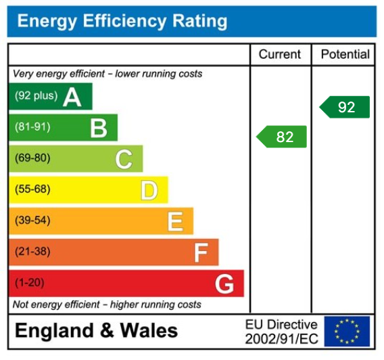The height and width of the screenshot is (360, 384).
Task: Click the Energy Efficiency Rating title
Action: tap(122, 21)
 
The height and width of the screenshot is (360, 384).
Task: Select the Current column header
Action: tap(280, 54)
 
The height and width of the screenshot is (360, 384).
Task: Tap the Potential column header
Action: tap(345, 54)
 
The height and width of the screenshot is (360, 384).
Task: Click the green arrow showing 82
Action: tap(282, 137)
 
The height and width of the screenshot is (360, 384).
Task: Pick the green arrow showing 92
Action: tap(345, 107)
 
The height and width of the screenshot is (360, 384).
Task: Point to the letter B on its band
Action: tap(99, 128)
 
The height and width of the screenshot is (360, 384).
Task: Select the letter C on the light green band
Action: tap(124, 159)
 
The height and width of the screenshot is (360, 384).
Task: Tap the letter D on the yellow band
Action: tap(149, 190)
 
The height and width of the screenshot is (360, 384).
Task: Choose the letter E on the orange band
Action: tap(175, 221)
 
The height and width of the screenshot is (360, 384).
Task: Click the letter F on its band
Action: tap(200, 252)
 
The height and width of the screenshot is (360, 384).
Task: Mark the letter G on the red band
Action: tap(224, 284)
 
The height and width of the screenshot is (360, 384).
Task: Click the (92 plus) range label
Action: tap(37, 96)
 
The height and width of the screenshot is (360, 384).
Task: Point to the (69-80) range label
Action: tap(32, 158)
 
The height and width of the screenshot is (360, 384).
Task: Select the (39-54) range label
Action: tap(32, 221)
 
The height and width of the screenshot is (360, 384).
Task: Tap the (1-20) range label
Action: tap(30, 283)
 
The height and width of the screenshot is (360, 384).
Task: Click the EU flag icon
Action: tap(347, 331)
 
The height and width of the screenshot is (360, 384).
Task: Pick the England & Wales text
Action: tap(96, 331)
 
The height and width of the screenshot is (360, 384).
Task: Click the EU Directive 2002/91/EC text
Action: tap(281, 331)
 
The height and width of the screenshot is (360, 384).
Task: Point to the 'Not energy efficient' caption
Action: tap(107, 305)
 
